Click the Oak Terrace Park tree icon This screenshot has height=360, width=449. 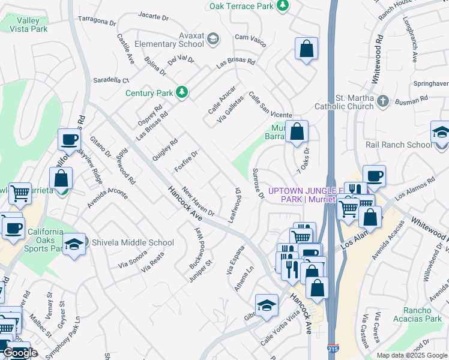tap(283, 6)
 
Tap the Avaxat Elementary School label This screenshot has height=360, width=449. tap(166, 39)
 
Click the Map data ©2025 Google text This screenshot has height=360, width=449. tap(411, 355)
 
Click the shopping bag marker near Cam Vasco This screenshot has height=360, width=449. tap(306, 50)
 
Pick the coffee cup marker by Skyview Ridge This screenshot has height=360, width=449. tap(69, 140)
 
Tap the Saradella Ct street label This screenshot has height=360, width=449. tap(110, 80)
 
